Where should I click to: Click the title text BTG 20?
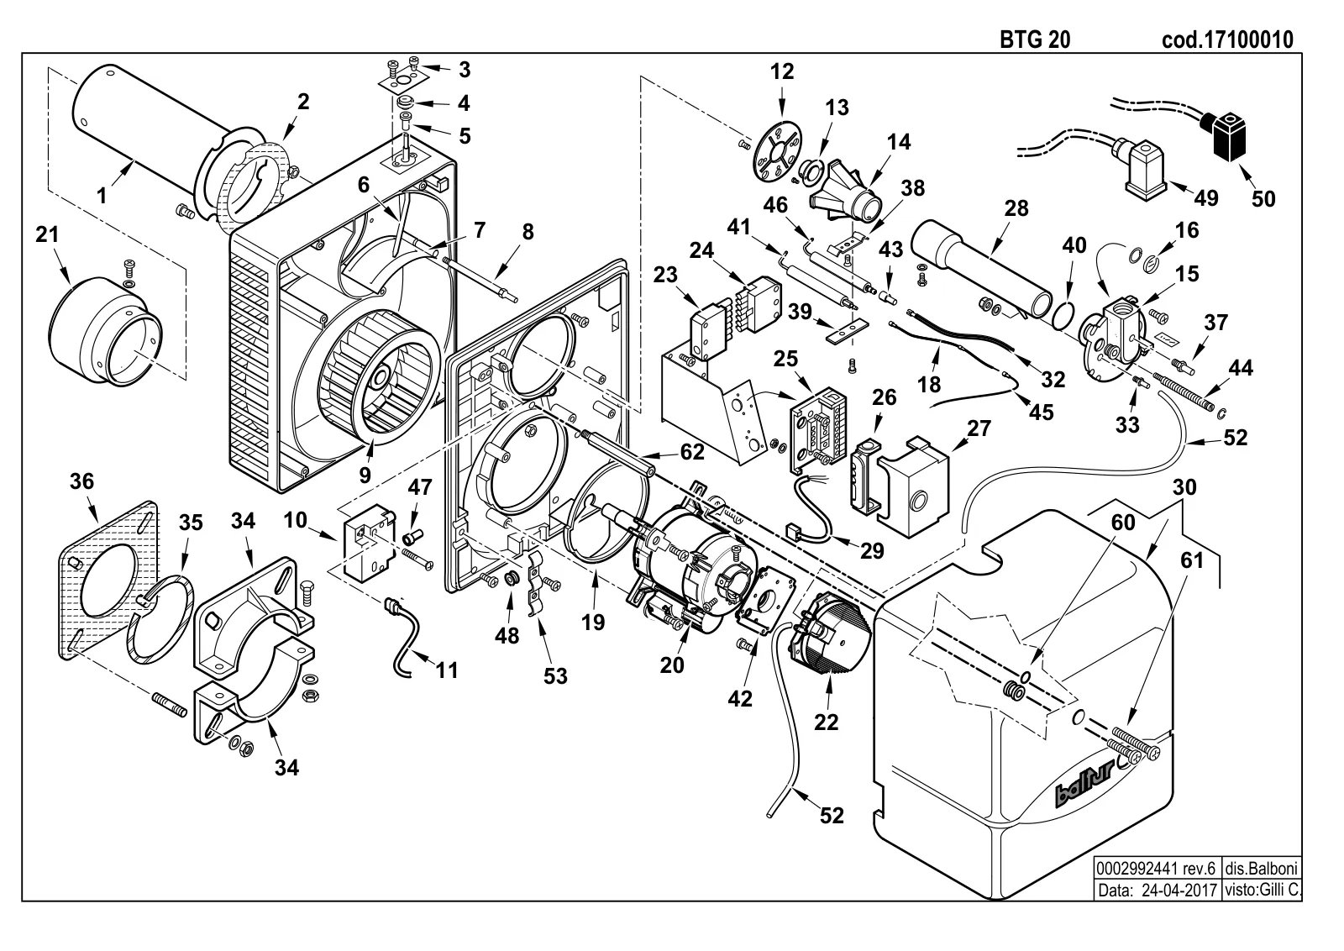(x=1035, y=39)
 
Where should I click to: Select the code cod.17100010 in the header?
(x=1227, y=39)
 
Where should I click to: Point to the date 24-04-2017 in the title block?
(x=1179, y=890)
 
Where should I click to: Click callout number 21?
(x=47, y=234)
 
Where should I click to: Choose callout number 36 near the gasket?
(x=82, y=481)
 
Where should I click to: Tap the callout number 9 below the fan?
(x=365, y=475)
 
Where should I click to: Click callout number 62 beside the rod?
(x=692, y=452)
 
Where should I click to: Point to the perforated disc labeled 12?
(x=778, y=152)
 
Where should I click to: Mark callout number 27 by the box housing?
(x=979, y=428)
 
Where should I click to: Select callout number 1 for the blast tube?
(x=102, y=196)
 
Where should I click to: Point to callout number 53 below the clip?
(x=555, y=676)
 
